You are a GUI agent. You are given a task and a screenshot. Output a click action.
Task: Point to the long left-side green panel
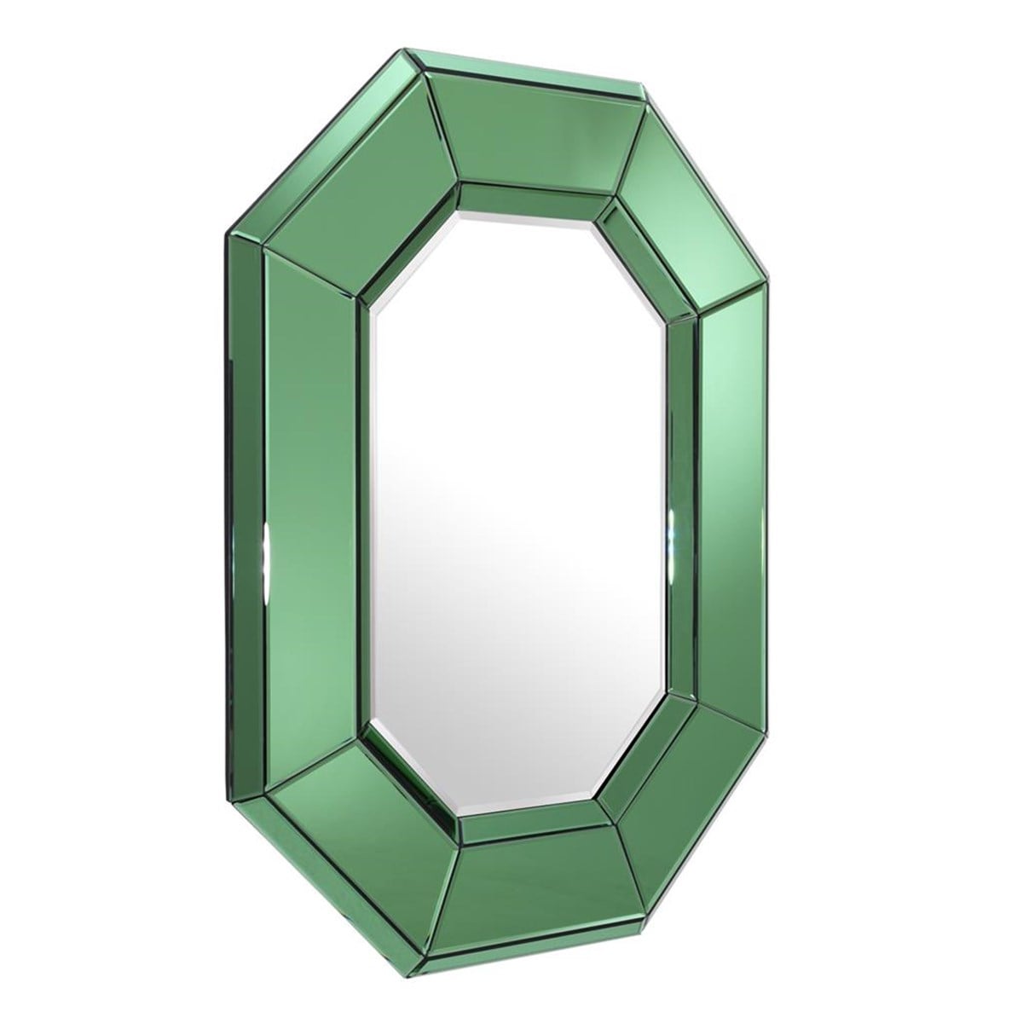(x=311, y=511)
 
